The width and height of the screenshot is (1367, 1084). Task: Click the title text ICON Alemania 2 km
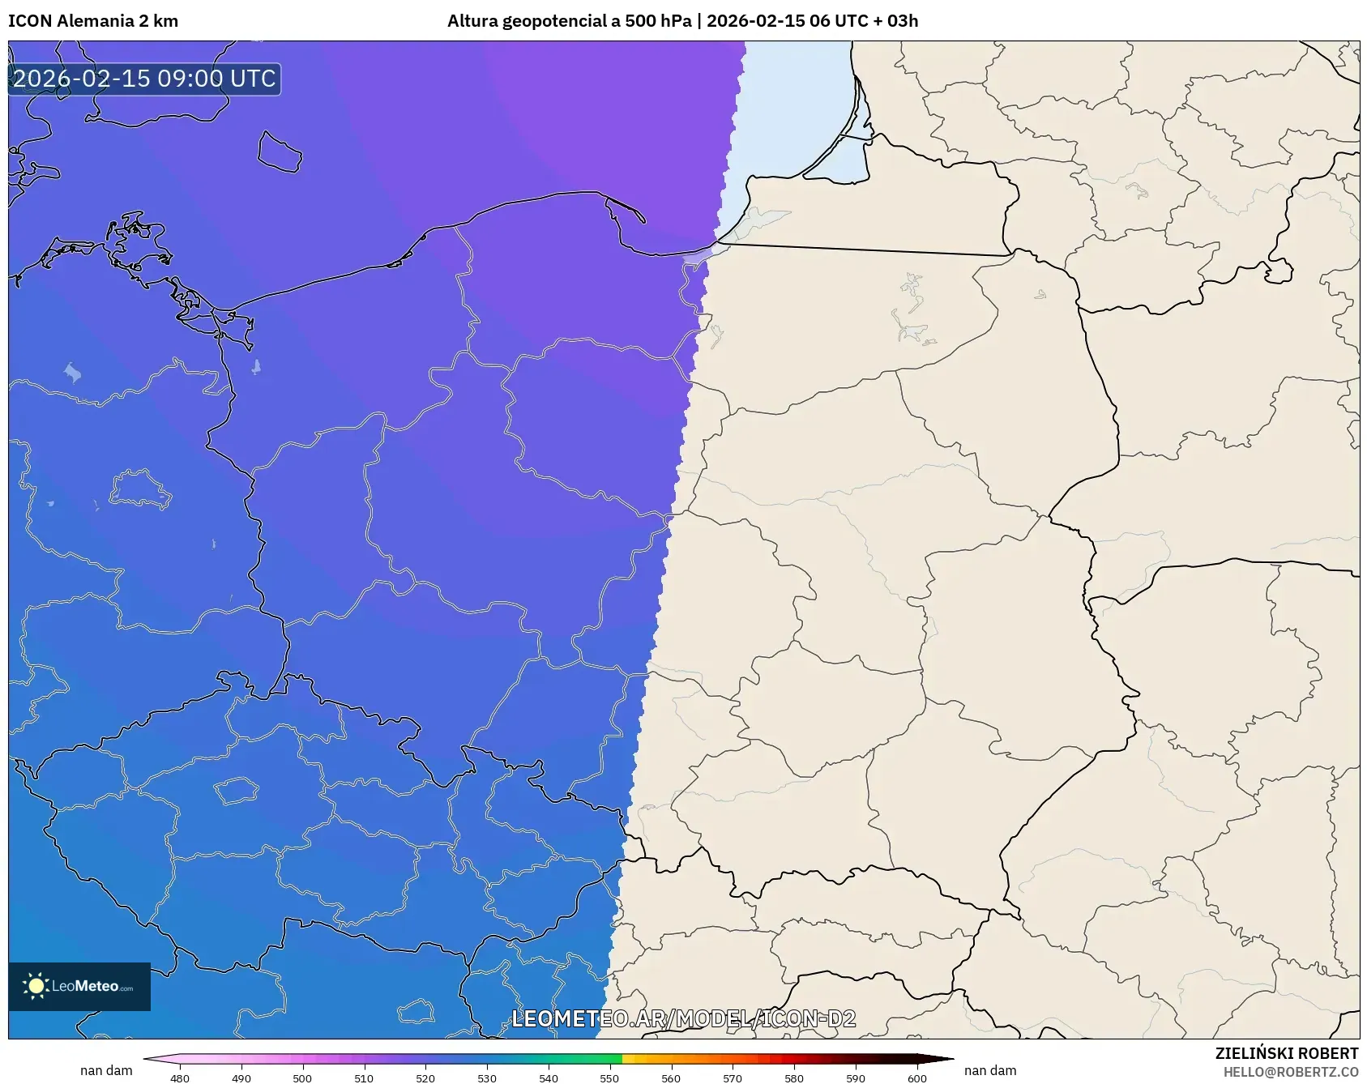click(93, 21)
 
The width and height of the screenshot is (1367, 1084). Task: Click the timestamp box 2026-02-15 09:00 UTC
click(144, 79)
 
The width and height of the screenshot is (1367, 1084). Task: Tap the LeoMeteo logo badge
click(79, 986)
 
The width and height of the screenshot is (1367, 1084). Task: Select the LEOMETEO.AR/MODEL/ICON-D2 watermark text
click(683, 1018)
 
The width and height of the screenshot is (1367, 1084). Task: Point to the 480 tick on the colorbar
click(180, 1078)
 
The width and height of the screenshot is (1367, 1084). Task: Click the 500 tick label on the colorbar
click(302, 1078)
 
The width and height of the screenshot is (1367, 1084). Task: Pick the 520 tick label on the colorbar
click(425, 1078)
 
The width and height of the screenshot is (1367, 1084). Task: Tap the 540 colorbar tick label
click(549, 1078)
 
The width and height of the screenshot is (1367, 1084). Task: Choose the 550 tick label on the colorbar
click(609, 1078)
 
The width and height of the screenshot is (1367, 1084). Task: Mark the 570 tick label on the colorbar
click(733, 1078)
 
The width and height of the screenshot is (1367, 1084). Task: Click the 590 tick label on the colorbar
click(856, 1078)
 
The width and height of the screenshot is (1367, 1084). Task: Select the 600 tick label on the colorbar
click(917, 1078)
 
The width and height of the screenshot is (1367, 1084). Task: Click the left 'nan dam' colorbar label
click(106, 1070)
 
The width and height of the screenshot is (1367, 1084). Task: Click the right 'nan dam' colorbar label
click(990, 1070)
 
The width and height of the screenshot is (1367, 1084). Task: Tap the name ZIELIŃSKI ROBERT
click(1287, 1053)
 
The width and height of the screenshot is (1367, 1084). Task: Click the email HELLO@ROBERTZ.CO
click(1291, 1072)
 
